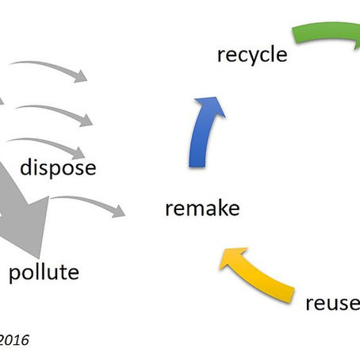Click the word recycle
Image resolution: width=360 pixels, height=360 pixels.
pos(251,55)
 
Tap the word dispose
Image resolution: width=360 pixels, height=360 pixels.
pos(58,167)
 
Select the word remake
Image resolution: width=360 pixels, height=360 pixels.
pos(202,209)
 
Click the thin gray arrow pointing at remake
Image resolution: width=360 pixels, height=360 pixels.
pos(87,201)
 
